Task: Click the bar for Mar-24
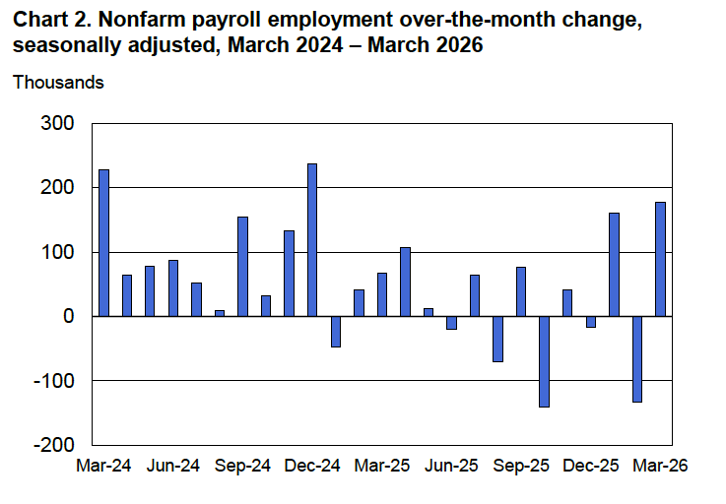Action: [x=103, y=242]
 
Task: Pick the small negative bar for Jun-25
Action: [x=451, y=322]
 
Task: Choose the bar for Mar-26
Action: [x=660, y=259]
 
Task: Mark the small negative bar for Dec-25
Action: [x=590, y=321]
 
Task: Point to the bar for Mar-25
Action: [x=381, y=289]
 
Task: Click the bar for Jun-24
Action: [x=173, y=287]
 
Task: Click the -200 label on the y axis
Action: [x=53, y=445]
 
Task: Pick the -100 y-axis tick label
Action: [x=53, y=381]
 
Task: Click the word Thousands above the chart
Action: [x=58, y=82]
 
